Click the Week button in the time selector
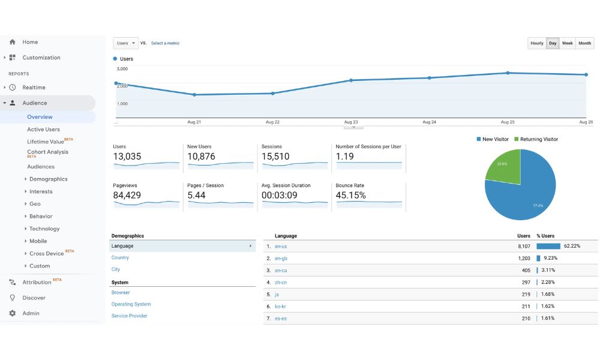(567, 43)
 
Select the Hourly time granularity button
(537, 43)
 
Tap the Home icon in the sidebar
(12, 42)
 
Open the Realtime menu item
(34, 87)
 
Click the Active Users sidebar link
(43, 130)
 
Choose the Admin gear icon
(12, 313)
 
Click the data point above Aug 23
(351, 80)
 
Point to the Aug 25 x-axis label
(508, 122)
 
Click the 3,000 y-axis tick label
(122, 69)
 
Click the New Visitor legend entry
(493, 139)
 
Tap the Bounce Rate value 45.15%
(350, 195)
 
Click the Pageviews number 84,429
(127, 195)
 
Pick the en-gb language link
(281, 258)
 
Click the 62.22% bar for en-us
(548, 247)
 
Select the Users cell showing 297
(526, 283)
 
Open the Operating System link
(131, 304)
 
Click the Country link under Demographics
(120, 257)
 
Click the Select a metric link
(166, 43)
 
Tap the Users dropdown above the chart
(125, 43)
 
